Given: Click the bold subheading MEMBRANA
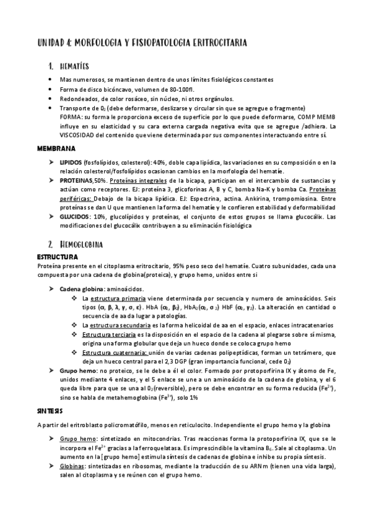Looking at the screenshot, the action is [x=56, y=149].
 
